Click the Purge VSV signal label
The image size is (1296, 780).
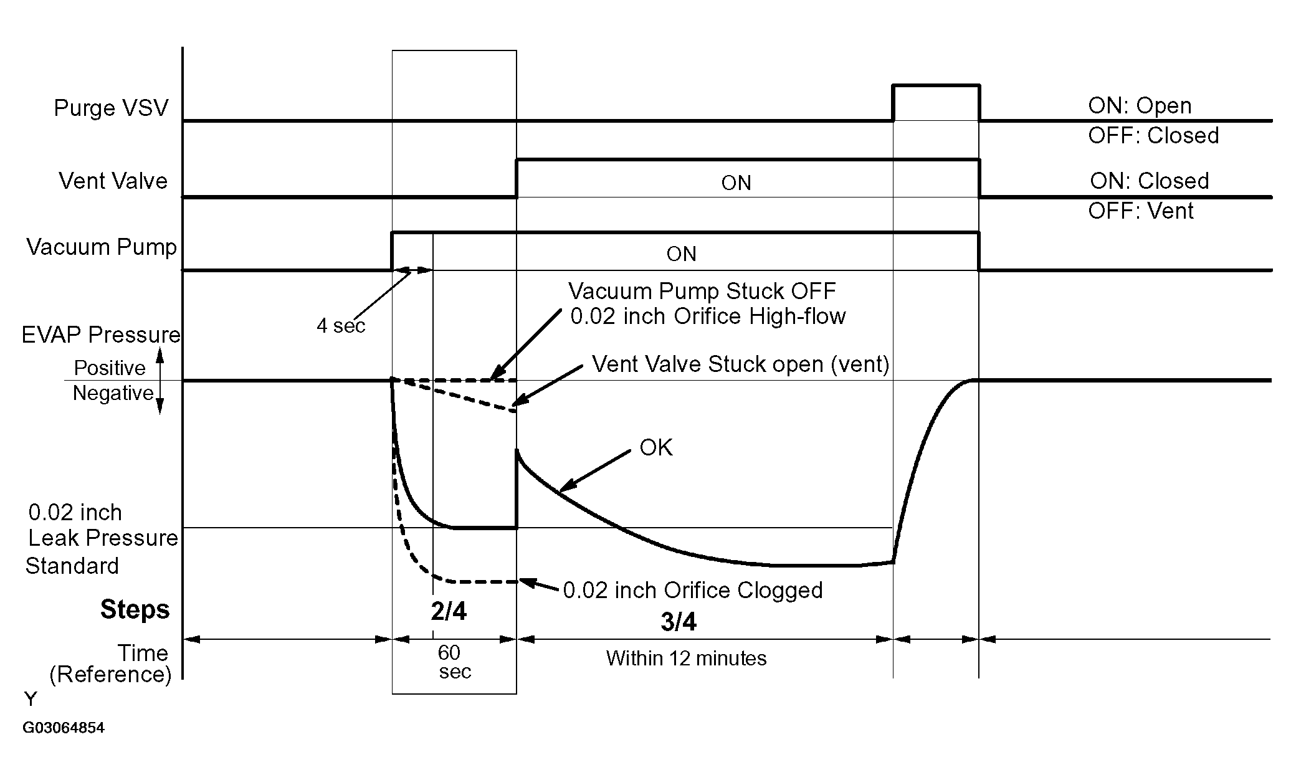111,108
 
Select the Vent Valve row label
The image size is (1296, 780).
113,181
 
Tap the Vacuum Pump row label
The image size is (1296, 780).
102,247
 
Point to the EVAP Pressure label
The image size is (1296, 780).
101,335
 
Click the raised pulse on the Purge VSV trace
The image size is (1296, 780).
936,85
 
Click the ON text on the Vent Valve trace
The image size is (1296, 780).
736,183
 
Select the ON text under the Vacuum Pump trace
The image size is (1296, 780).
681,254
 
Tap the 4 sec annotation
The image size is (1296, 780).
341,326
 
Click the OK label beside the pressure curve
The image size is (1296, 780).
656,447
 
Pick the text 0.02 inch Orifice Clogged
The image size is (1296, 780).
693,590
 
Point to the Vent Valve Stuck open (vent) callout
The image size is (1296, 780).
740,364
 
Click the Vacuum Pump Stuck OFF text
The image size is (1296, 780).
702,291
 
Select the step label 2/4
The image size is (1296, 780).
449,612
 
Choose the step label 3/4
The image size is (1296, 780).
679,622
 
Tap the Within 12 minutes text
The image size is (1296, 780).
686,659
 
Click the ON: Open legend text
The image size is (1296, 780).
1140,106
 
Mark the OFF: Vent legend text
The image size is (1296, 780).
1141,211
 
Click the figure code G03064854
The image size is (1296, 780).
64,728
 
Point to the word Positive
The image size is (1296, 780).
110,368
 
